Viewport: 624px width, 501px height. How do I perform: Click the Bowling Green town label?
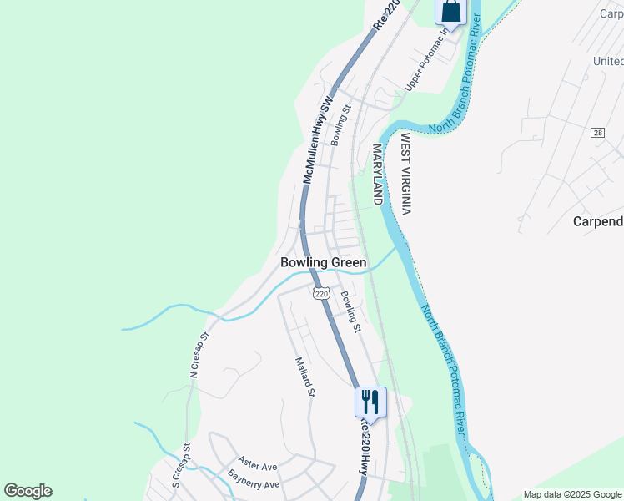(323, 262)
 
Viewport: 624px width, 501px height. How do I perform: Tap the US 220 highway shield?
(322, 293)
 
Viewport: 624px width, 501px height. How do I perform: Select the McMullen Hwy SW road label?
(317, 139)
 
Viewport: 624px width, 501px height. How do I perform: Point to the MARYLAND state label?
(376, 175)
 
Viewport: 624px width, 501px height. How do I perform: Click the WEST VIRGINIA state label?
(405, 174)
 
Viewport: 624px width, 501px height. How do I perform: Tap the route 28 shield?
(597, 133)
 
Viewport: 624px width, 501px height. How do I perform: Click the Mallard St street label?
(304, 377)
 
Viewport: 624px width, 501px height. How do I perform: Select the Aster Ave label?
(257, 462)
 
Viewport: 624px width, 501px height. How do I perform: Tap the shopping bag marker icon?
(449, 11)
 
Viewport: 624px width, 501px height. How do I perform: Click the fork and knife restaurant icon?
(370, 402)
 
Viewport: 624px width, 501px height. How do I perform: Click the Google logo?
(28, 491)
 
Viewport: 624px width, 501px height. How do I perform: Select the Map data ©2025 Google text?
(571, 494)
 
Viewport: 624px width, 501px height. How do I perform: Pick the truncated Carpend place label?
(598, 221)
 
